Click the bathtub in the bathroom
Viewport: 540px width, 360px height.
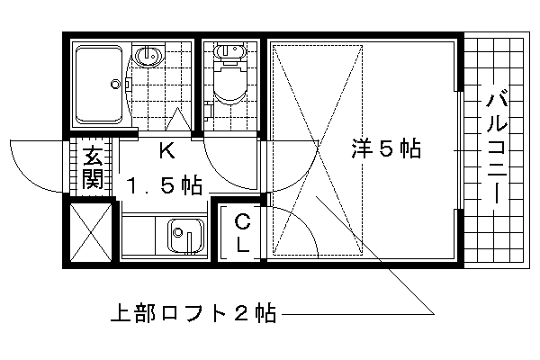click(99, 85)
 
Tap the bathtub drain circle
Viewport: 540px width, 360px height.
click(115, 84)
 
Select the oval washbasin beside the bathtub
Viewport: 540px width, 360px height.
click(148, 56)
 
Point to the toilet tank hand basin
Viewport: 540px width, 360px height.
click(230, 51)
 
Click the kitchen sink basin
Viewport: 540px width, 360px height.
click(185, 237)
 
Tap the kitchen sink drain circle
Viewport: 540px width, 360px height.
click(177, 232)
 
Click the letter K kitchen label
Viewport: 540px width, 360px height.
click(166, 150)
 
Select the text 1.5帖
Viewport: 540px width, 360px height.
click(164, 185)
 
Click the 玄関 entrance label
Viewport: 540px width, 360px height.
click(93, 167)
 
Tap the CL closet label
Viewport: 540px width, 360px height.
click(243, 232)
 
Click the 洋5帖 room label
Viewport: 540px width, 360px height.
click(386, 148)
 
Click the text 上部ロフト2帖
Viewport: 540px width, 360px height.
click(193, 313)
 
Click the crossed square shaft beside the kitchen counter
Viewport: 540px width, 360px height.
click(91, 232)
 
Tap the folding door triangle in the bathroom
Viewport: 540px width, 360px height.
click(177, 119)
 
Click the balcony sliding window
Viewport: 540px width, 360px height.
click(460, 150)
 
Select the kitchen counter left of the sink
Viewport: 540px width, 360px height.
click(139, 237)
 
